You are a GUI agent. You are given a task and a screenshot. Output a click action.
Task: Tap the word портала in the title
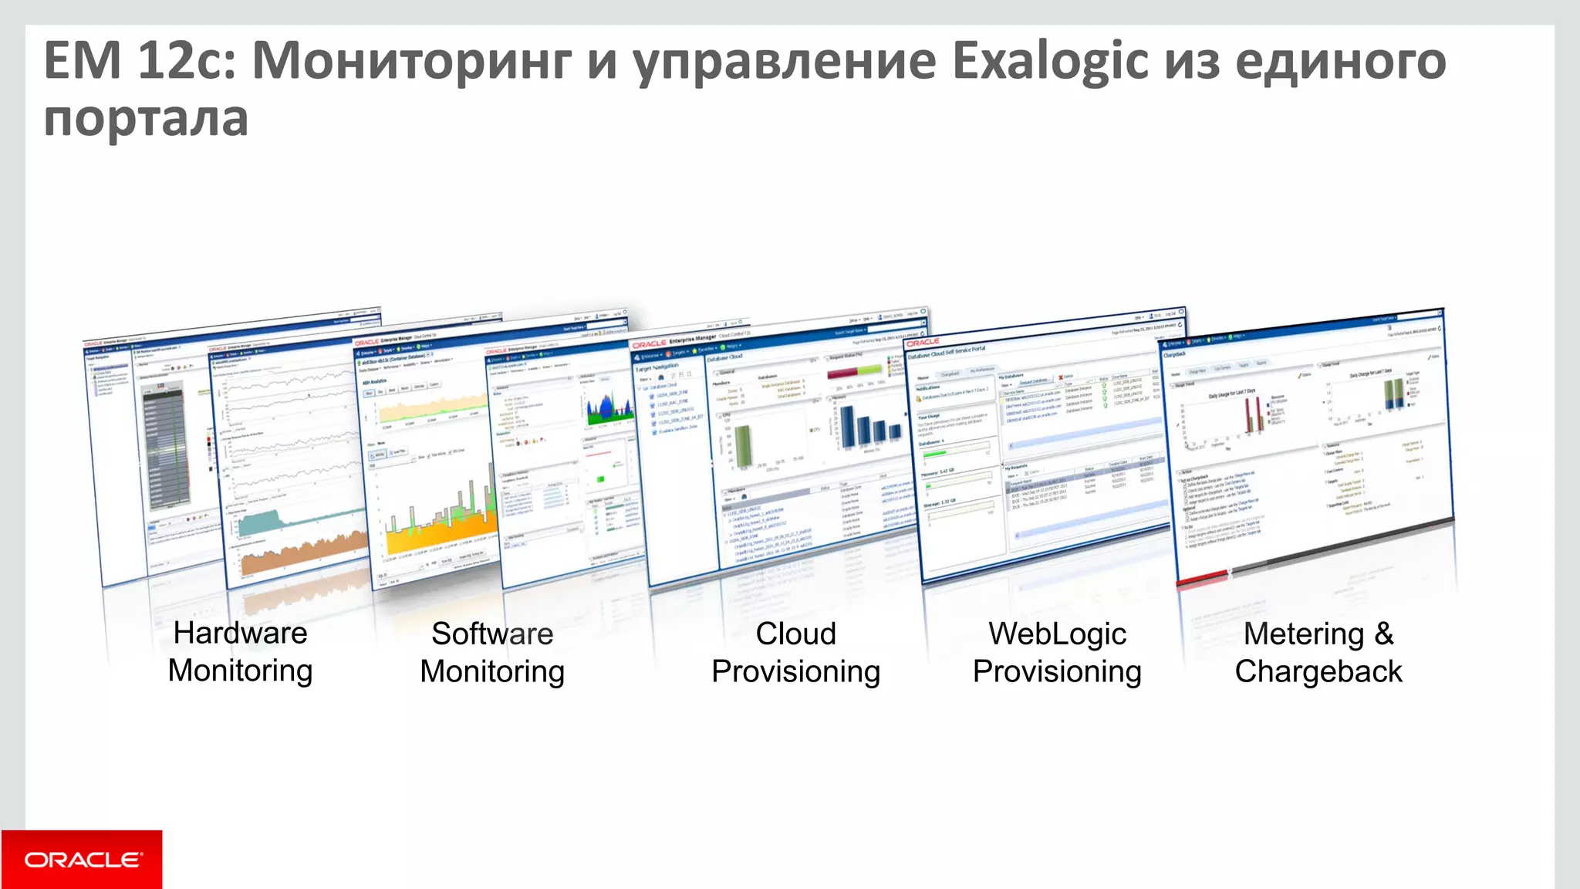[146, 120]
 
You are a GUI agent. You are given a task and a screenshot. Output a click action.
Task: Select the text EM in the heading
[83, 60]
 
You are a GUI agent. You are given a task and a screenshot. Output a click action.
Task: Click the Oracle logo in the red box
[83, 860]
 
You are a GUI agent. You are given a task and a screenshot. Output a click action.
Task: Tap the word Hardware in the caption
[240, 633]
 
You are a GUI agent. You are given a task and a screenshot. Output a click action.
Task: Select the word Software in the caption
[492, 634]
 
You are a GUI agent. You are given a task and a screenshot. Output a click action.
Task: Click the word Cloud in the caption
[795, 634]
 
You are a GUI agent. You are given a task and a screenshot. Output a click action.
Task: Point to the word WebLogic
[1057, 634]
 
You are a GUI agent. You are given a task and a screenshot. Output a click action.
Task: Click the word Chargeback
[1318, 671]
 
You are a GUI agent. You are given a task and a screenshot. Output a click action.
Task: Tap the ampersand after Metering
[1383, 634]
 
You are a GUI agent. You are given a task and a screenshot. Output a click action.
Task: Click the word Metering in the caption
[1304, 634]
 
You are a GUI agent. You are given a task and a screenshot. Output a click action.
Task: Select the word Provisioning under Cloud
[795, 671]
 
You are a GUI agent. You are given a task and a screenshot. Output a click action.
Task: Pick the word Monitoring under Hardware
[240, 671]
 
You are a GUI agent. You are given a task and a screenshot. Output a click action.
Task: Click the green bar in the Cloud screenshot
[742, 445]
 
